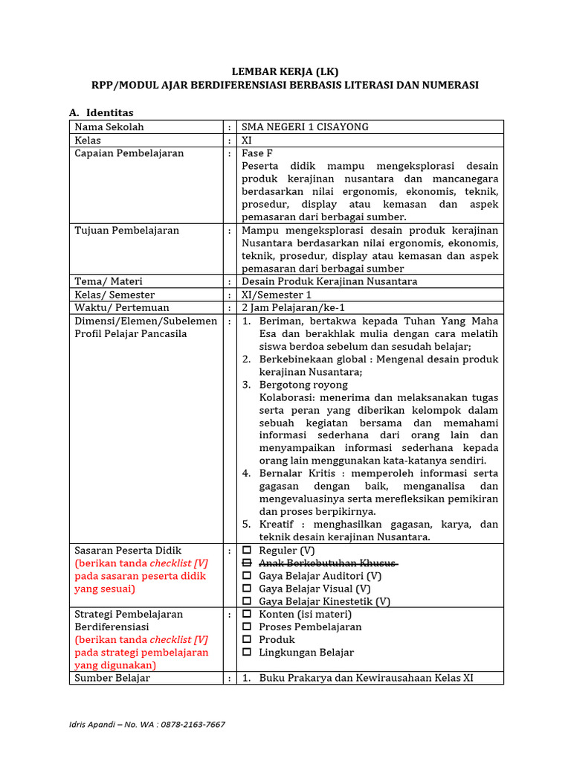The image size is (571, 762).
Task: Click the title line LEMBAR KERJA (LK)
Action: [x=285, y=72]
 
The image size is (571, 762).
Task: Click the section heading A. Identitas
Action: [x=101, y=112]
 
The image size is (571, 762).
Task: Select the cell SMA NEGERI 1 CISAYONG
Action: [x=305, y=127]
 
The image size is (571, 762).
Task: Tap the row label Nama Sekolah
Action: [x=109, y=127]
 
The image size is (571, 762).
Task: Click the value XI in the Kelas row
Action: [x=247, y=140]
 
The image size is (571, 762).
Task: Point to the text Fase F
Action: [x=257, y=153]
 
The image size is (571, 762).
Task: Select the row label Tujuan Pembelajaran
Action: [x=127, y=231]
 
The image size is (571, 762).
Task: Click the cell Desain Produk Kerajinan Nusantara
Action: [x=329, y=281]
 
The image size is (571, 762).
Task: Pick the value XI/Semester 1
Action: [x=277, y=295]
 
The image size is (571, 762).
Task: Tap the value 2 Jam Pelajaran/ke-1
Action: [x=293, y=307]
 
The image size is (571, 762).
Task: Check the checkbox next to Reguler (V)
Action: [x=247, y=551]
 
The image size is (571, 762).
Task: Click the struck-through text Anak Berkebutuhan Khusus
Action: [x=327, y=563]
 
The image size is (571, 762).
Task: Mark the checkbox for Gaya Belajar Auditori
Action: [x=247, y=576]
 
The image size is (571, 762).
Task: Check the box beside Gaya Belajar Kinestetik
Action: [x=247, y=601]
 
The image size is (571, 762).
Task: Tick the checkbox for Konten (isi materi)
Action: [x=247, y=615]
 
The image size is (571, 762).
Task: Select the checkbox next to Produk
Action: [x=247, y=640]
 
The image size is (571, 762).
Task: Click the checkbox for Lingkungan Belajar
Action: [x=247, y=653]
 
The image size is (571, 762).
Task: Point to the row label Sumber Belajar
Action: [x=112, y=678]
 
